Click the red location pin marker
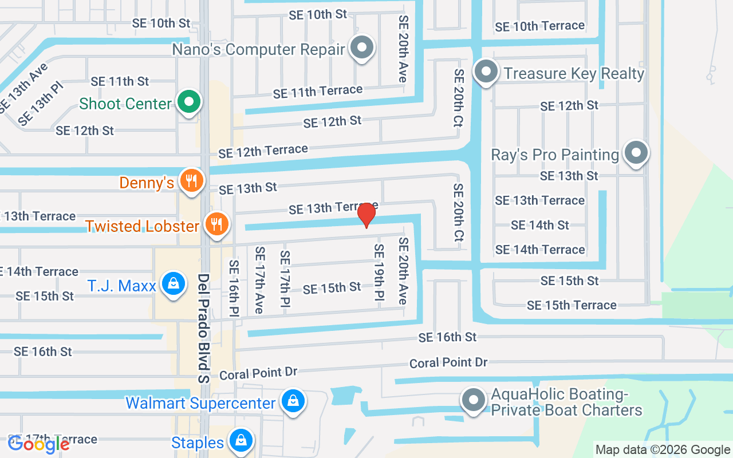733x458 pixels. coord(366,215)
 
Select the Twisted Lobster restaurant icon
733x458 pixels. coord(216,224)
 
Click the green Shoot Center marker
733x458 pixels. coord(188,102)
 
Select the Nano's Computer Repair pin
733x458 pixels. coord(361,48)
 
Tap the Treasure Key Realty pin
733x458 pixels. coord(486,72)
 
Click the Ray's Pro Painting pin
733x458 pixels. coord(635,153)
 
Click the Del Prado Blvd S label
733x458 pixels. coord(204,327)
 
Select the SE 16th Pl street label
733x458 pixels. coord(234,288)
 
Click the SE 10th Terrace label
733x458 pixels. coord(539,26)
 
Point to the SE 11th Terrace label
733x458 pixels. coord(317,91)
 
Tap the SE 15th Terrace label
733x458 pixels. coord(572,305)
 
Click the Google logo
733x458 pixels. coord(39,444)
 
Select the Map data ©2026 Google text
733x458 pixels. coord(663,450)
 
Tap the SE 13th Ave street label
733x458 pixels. coord(23,87)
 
